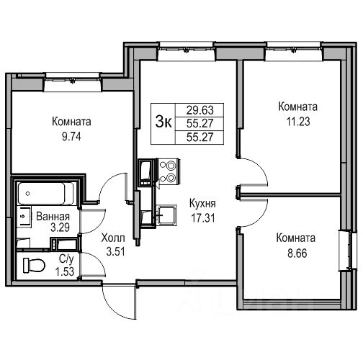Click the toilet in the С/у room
[x=34, y=265]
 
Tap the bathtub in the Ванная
[x=42, y=193]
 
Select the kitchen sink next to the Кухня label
[x=166, y=215]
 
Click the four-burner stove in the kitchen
[x=168, y=171]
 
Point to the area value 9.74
[x=71, y=137]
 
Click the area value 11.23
[x=298, y=122]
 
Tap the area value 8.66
[x=297, y=253]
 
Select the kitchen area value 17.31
[x=203, y=218]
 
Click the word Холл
[x=113, y=238]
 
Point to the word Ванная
[x=53, y=217]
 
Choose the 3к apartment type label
[x=163, y=122]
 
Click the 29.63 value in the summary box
[x=200, y=110]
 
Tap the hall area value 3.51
[x=115, y=252]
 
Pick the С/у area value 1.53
[x=64, y=271]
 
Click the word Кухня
[x=202, y=204]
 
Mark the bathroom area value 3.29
[x=60, y=227]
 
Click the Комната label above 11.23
[x=297, y=107]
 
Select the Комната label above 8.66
[x=296, y=238]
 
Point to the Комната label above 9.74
[x=71, y=122]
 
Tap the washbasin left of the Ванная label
[x=24, y=216]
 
